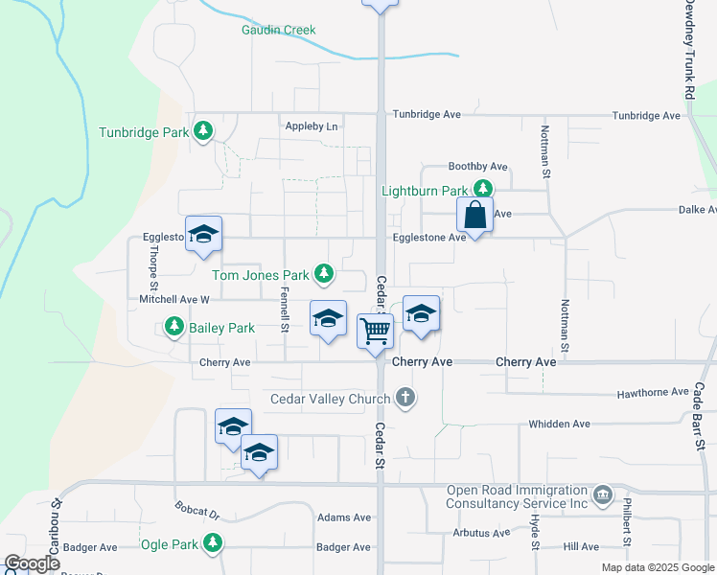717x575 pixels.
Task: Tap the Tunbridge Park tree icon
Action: point(202,131)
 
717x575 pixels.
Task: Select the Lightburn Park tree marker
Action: point(485,190)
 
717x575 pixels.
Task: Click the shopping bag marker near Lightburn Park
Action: point(475,215)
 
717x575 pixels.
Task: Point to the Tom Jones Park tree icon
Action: point(324,275)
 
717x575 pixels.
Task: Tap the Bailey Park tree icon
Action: point(173,328)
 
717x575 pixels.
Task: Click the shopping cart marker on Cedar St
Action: point(376,331)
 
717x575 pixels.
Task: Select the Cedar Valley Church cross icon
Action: point(405,398)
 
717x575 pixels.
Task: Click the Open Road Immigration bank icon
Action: point(603,494)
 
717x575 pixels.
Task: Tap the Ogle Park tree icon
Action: point(212,544)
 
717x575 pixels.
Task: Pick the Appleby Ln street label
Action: point(312,126)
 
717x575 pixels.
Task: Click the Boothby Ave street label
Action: point(477,167)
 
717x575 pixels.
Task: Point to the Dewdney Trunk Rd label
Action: point(689,49)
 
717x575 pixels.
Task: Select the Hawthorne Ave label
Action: point(653,392)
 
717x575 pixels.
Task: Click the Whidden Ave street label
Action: point(560,424)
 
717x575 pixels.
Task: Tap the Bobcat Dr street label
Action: point(197,509)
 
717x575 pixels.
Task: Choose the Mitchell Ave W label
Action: point(173,299)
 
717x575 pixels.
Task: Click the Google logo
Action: point(32,563)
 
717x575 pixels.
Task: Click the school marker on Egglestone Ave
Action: point(203,235)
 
